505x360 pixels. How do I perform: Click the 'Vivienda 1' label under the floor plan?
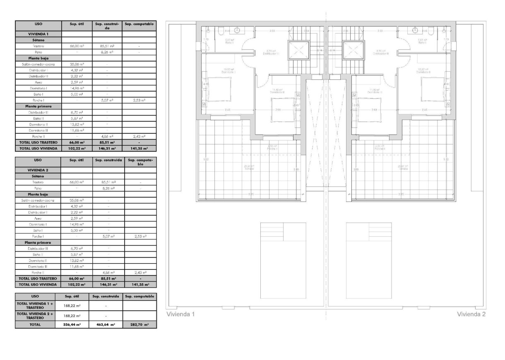click(x=180, y=314)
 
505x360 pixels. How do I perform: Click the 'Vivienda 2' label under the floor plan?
click(x=471, y=314)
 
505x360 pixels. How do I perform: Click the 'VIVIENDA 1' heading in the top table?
click(x=38, y=34)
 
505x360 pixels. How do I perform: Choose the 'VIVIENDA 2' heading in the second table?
click(x=38, y=170)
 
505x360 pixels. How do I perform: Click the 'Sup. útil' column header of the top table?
click(x=77, y=24)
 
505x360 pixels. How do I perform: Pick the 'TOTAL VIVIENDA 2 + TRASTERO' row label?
click(x=35, y=316)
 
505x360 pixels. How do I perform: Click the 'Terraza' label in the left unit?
click(x=249, y=169)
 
